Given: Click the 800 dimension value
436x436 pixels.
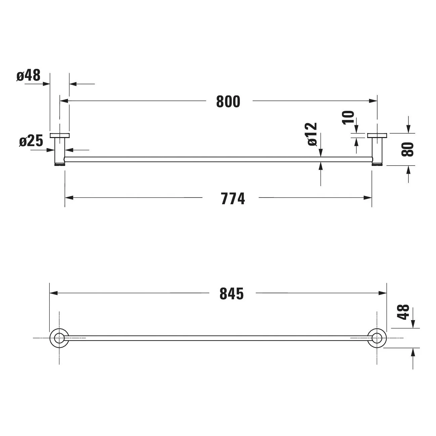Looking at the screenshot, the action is coord(228,101).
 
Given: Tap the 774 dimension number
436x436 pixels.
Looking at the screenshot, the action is coord(233,199).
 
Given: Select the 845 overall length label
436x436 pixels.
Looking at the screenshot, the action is coord(231,294).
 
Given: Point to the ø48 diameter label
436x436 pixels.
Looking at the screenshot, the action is coord(29,75).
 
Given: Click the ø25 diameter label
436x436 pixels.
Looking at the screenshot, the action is coord(31,141).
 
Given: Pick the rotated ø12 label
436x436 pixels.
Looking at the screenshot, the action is coord(312,134).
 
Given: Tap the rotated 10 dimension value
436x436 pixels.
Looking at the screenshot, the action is coord(348,118).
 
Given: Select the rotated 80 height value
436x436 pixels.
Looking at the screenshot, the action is coord(407,149).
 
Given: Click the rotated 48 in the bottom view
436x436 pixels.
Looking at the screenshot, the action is coord(403,312).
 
